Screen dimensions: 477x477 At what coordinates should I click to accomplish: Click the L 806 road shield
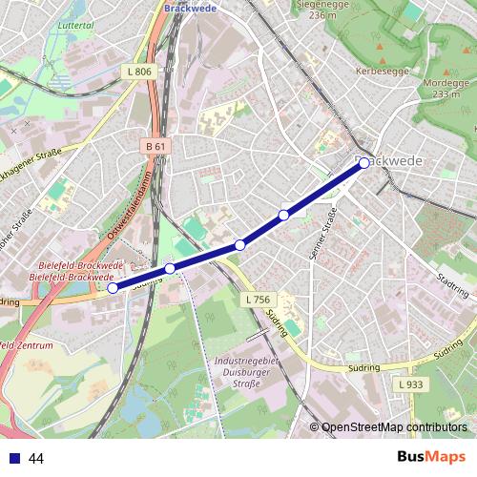coord(139,72)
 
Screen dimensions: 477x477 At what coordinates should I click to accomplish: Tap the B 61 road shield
coord(156,146)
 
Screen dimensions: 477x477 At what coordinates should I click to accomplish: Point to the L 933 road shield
coord(409,384)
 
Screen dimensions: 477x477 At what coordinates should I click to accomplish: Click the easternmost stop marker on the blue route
coord(364,163)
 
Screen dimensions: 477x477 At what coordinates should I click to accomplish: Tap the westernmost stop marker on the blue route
coord(113,287)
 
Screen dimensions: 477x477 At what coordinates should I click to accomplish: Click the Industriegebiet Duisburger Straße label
coord(246,368)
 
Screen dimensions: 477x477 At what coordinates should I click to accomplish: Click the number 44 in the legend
coord(36,459)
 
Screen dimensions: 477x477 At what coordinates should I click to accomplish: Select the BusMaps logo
coord(430,458)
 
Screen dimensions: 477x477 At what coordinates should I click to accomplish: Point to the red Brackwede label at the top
coord(190,8)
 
